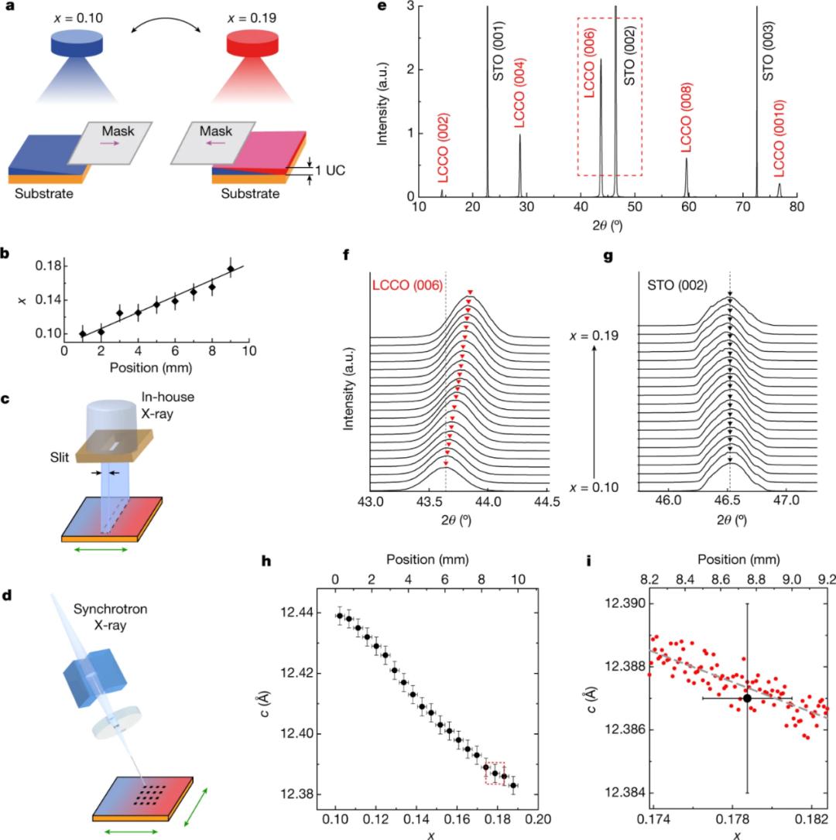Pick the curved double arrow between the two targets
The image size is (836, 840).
click(x=164, y=26)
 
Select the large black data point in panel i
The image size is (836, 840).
click(x=747, y=698)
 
